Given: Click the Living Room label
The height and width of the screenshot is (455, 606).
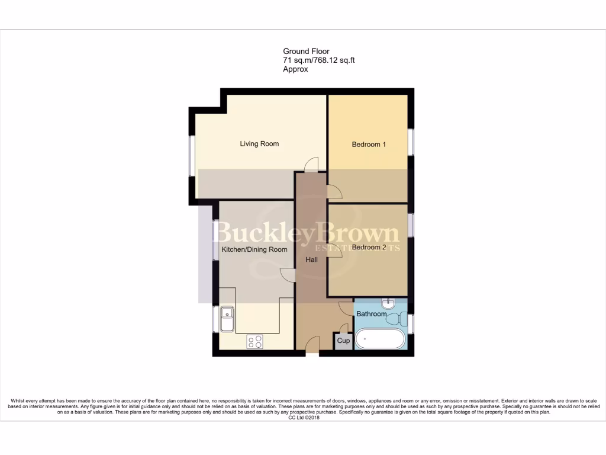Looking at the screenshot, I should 259,144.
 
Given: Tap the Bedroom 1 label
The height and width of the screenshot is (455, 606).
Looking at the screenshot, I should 369,145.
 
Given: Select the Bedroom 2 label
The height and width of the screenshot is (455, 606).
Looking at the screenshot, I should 369,247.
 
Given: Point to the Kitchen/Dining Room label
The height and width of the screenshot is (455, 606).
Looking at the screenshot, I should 254,249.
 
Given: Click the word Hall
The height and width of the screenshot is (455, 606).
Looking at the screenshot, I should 312,259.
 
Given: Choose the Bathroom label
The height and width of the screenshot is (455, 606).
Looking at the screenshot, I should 371,314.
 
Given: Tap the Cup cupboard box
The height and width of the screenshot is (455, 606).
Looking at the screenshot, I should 343,341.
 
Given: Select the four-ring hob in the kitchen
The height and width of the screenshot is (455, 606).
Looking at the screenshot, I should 256,342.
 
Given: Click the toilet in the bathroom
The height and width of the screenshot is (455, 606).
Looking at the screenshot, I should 395,319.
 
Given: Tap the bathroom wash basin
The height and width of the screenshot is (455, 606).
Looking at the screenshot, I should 389,304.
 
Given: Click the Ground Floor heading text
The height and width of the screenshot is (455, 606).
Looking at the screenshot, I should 306,52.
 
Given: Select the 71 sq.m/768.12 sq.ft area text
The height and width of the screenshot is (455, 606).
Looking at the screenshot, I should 318,60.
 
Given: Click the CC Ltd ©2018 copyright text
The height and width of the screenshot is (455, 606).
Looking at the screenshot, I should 303,418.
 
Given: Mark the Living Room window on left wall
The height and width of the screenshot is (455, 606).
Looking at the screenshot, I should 191,156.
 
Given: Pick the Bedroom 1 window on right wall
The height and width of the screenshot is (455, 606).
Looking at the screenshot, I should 412,142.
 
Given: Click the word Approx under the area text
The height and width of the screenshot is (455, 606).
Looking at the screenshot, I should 295,69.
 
